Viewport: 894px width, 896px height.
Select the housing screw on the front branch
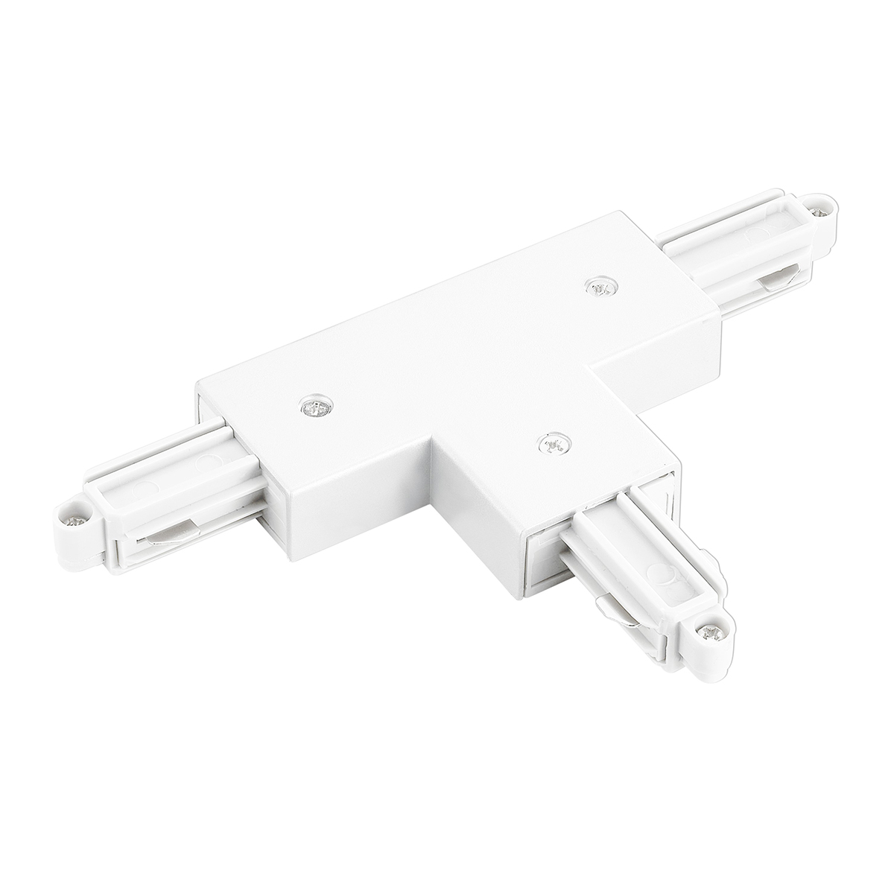click(551, 444)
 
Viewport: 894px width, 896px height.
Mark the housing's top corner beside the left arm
click(196, 384)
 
